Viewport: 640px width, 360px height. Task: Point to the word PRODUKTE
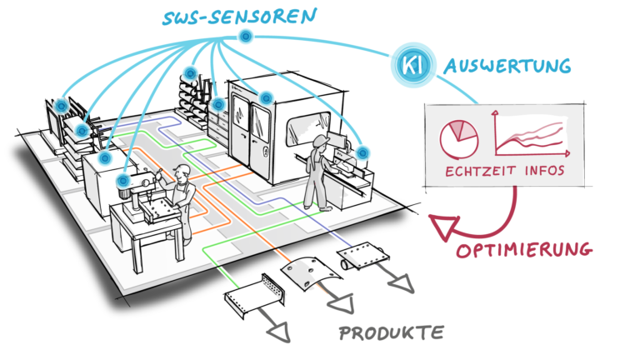(392, 333)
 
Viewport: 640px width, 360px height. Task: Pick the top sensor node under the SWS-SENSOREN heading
(245, 36)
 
